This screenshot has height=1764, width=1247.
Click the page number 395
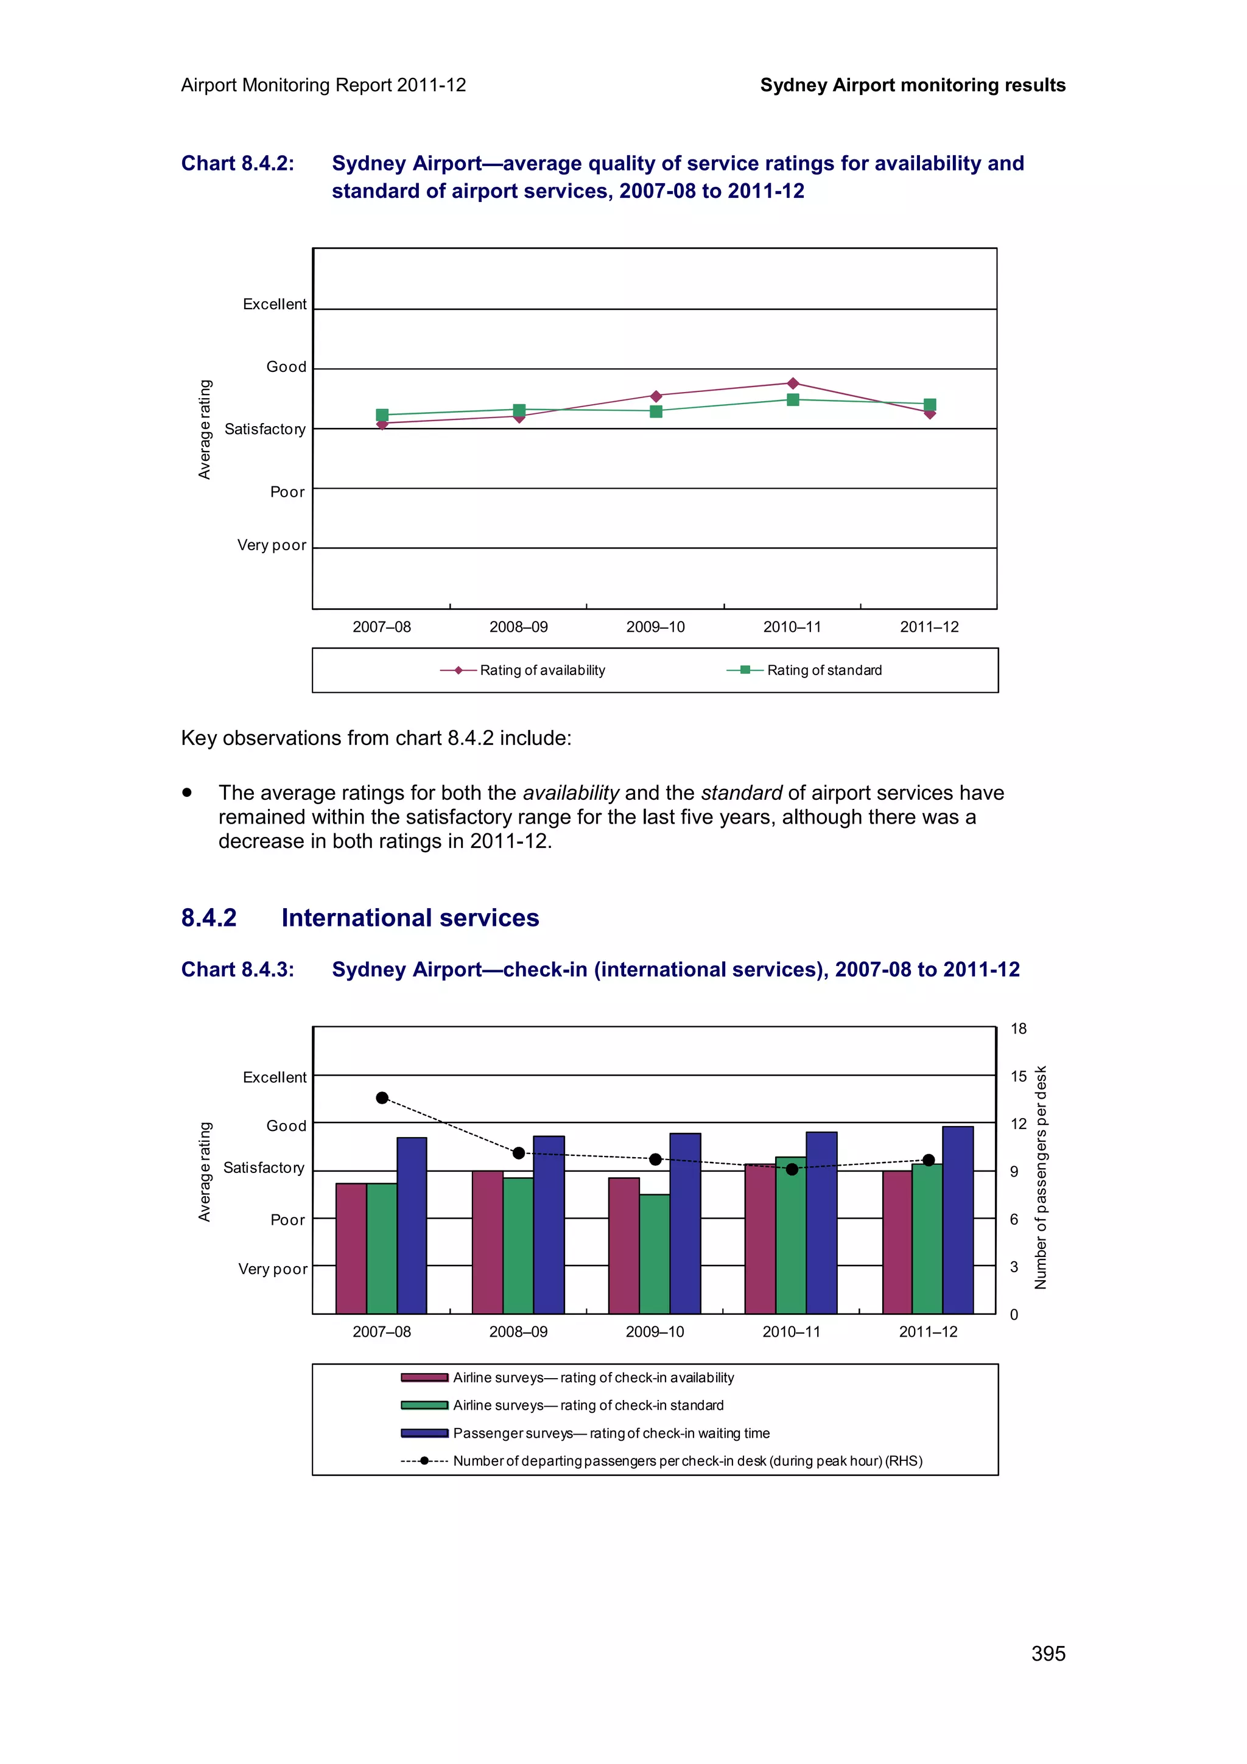(1047, 1653)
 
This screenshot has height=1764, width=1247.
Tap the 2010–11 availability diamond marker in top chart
(793, 383)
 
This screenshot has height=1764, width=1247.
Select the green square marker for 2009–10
(655, 412)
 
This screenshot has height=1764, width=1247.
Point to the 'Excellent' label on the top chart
(274, 304)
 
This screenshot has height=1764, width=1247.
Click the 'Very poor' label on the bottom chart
(272, 1269)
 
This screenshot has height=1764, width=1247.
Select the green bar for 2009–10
(654, 1254)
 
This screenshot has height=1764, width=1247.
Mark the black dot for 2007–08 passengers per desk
(382, 1098)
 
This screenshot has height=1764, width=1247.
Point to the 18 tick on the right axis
(1018, 1029)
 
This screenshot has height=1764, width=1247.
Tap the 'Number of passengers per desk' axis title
(1041, 1177)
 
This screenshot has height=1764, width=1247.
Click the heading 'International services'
(410, 918)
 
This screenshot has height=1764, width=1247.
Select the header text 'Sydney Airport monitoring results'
(912, 85)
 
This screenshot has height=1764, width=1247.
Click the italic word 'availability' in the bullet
(570, 793)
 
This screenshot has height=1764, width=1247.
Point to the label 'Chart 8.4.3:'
(237, 970)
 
